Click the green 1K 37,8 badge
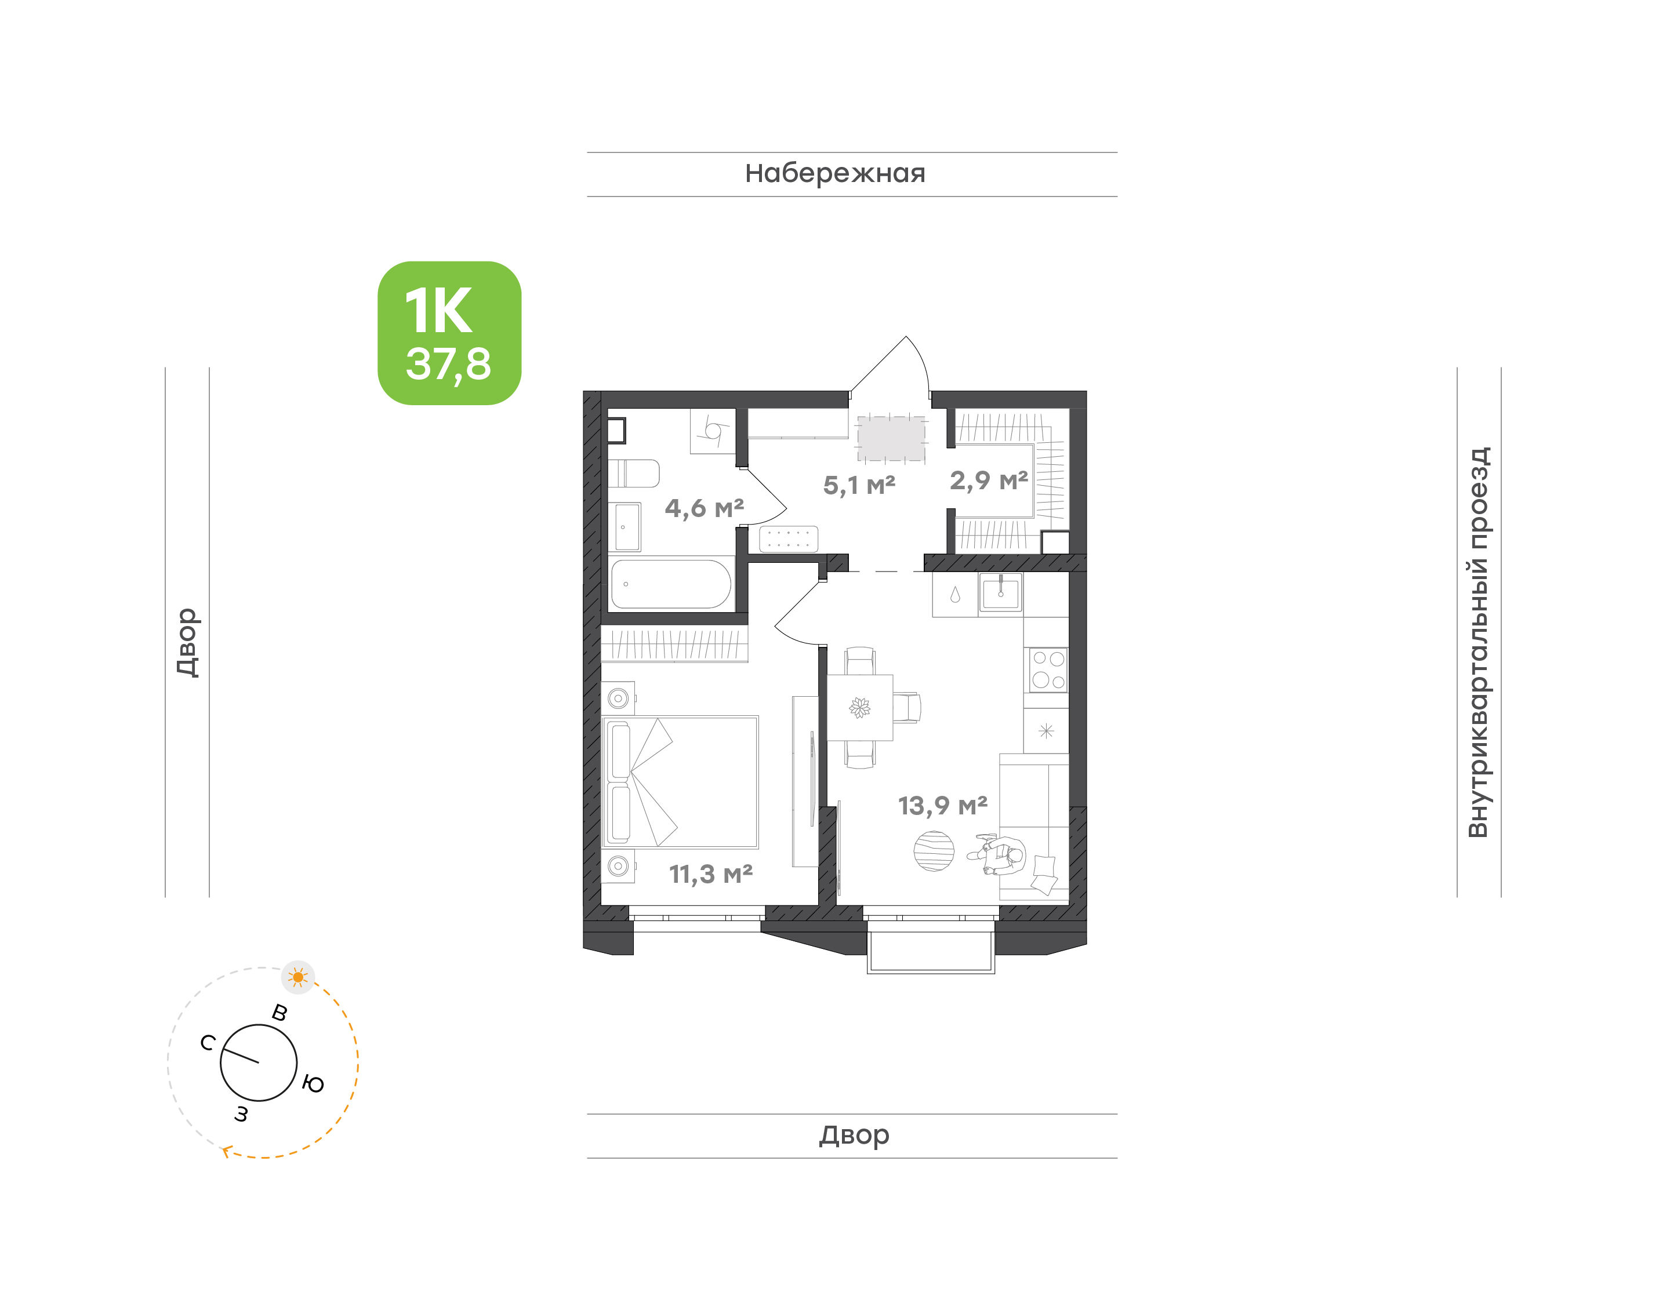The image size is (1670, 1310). [449, 333]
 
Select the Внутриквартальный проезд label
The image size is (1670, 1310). [1477, 642]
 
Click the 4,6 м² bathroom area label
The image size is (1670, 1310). [704, 508]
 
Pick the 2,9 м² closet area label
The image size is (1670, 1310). [989, 481]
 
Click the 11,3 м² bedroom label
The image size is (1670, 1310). [710, 874]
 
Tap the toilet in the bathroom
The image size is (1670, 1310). [634, 473]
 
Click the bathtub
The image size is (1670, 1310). [670, 584]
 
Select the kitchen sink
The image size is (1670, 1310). [1000, 594]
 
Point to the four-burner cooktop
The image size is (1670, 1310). [1048, 669]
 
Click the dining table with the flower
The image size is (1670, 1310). [860, 707]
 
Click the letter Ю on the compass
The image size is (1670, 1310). [313, 1084]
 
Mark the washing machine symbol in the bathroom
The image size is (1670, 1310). [713, 431]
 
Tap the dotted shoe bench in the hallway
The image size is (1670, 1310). [788, 539]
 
